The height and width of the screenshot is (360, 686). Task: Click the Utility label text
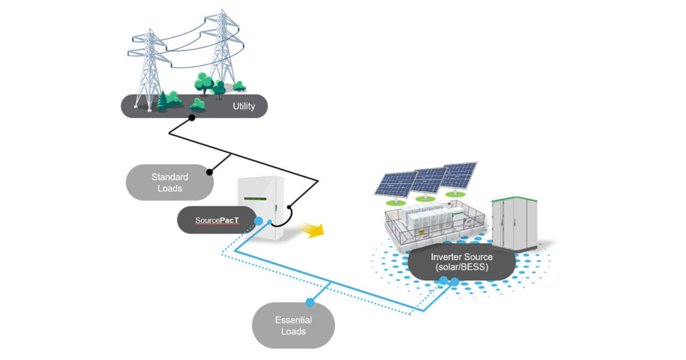243,107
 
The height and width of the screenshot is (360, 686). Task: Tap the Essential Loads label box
293,326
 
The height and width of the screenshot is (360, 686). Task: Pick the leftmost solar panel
396,183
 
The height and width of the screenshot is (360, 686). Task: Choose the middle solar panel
429,179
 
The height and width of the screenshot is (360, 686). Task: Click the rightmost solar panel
460,174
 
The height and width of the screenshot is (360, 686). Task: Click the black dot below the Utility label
192,118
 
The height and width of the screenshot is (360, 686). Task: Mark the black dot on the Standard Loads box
210,172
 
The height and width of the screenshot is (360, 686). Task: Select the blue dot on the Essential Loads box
310,302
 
